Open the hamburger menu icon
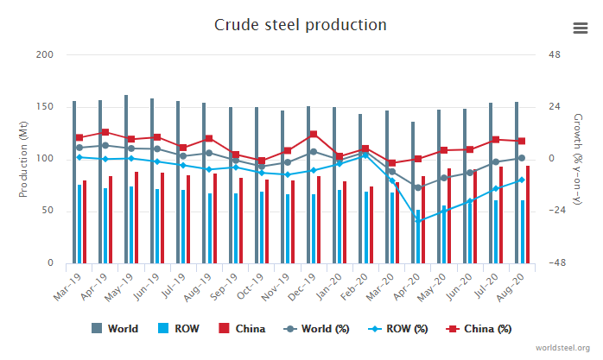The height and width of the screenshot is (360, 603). (581, 28)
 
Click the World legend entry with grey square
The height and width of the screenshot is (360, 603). (115, 329)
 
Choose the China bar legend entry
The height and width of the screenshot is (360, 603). (242, 329)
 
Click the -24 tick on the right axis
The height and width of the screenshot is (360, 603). (555, 212)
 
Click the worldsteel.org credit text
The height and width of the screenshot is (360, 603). (563, 347)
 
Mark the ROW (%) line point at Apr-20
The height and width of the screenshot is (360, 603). (418, 221)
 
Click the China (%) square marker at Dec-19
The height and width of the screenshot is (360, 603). (313, 135)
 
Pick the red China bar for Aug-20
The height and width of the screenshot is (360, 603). (527, 214)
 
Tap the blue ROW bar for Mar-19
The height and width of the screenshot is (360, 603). (79, 224)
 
